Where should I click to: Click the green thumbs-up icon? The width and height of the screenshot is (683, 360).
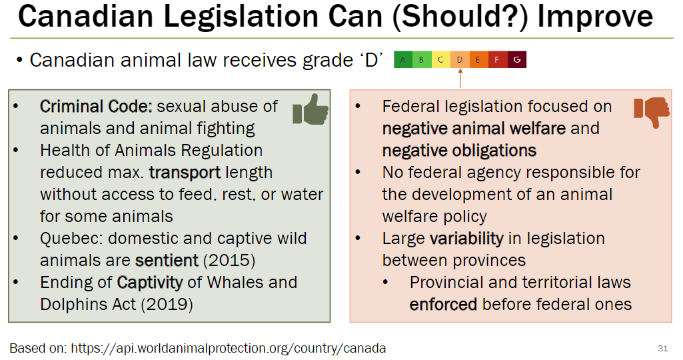click(311, 110)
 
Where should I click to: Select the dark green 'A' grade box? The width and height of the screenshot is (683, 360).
click(402, 60)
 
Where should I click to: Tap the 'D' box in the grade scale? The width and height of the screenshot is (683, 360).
click(460, 60)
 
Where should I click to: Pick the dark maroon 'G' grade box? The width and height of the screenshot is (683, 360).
click(517, 60)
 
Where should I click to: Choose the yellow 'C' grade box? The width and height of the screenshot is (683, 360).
click(440, 60)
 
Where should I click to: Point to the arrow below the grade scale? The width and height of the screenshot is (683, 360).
click(460, 79)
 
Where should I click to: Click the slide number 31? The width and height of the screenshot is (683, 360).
click(662, 347)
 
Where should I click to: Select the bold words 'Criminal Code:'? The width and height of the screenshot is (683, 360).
click(97, 106)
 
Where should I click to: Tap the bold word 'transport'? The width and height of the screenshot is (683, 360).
click(185, 172)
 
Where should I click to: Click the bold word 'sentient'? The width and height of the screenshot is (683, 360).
click(167, 260)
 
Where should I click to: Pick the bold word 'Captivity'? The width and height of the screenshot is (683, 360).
click(150, 282)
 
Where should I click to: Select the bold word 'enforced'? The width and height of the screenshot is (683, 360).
click(443, 304)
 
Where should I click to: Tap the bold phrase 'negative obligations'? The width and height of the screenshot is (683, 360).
click(459, 150)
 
